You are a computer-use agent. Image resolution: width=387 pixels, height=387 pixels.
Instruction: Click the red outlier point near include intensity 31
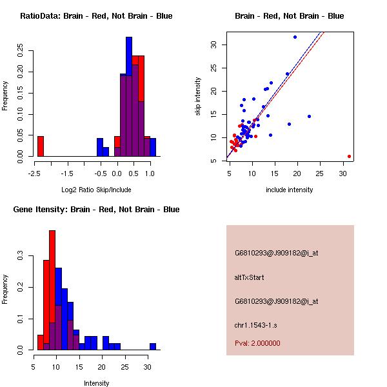click(349, 156)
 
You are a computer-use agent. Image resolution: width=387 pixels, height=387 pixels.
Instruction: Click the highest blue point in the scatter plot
click(295, 37)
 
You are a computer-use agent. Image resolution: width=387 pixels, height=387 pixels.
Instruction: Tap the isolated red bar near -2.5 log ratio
click(41, 146)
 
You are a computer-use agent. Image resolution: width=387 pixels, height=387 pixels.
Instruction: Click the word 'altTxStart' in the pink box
click(250, 277)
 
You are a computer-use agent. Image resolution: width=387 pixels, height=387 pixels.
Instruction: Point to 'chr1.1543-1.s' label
click(257, 324)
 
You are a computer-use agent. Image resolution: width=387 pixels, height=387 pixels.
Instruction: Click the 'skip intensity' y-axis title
click(198, 97)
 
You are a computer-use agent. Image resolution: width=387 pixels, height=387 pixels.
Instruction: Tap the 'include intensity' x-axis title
click(289, 190)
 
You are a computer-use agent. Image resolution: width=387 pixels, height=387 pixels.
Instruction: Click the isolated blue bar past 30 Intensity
click(153, 346)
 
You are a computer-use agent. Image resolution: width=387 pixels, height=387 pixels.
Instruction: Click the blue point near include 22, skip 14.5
click(310, 116)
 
